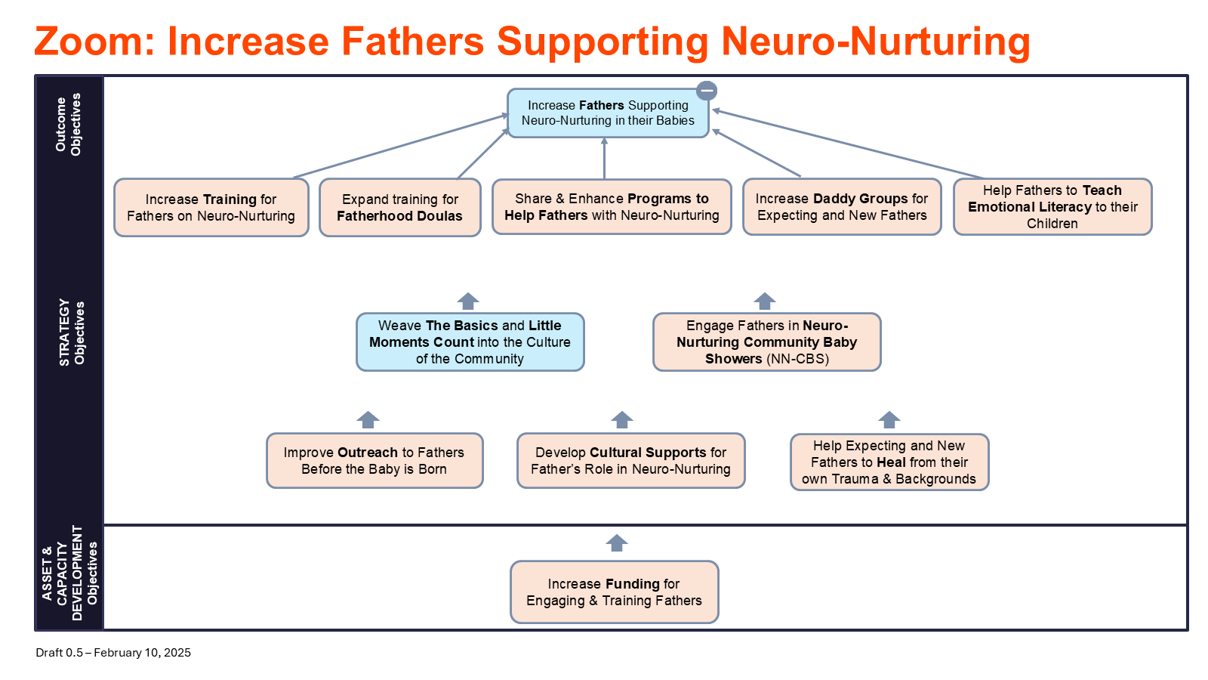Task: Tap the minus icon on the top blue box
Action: (x=707, y=91)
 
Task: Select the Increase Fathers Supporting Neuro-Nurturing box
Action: (x=608, y=113)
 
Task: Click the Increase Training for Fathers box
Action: (x=211, y=208)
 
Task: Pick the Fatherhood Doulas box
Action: (x=400, y=208)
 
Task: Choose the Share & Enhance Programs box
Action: (x=612, y=207)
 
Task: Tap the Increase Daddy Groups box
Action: (x=842, y=207)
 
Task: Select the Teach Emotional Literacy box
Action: (x=1052, y=207)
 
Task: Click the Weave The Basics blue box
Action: (x=470, y=342)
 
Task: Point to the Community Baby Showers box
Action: (x=767, y=342)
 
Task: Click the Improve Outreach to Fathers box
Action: (x=374, y=461)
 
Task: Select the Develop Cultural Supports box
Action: (x=631, y=461)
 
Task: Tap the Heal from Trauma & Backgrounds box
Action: (x=889, y=462)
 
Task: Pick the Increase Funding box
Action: (x=615, y=592)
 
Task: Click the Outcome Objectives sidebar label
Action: (x=69, y=125)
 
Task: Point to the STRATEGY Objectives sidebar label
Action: (x=72, y=333)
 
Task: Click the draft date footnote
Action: (x=113, y=653)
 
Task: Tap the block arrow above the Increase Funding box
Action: (x=616, y=543)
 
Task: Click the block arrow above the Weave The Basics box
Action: (x=468, y=301)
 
